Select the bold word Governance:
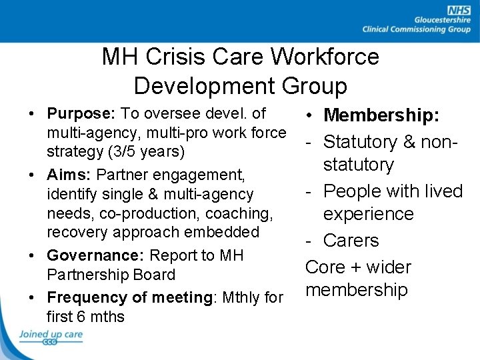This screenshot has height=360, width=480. tap(95, 255)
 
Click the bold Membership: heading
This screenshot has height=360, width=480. tap(381, 115)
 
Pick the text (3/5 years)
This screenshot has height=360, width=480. tap(115, 151)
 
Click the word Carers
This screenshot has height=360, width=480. tap(351, 241)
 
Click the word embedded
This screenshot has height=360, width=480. tap(225, 233)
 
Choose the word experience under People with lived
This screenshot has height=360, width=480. tap(369, 215)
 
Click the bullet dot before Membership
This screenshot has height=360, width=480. tap(312, 116)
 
